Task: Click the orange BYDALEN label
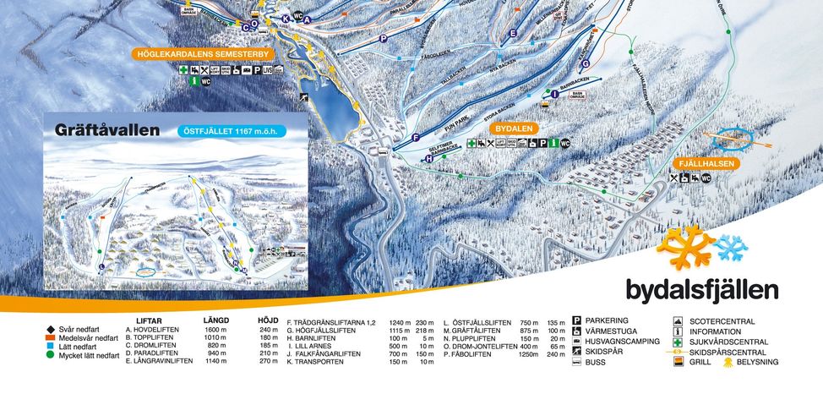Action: point(515,128)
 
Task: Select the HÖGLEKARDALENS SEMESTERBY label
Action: point(204,54)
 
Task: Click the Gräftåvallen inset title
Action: point(106,131)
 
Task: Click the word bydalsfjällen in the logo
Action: point(701,290)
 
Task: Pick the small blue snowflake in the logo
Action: point(730,248)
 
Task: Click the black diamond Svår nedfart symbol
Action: point(51,328)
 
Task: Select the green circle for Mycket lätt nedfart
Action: point(51,356)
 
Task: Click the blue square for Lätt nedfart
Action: point(51,347)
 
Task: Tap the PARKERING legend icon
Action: point(577,321)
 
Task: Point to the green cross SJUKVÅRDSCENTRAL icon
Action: point(678,342)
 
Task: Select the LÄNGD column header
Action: point(216,320)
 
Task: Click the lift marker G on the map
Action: point(586,63)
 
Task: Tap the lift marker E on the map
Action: point(513,34)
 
